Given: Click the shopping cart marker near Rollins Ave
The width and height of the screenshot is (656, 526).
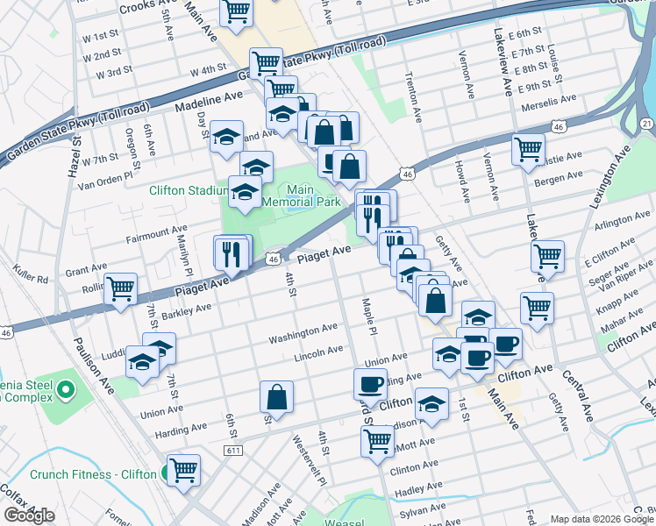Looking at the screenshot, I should [120, 288].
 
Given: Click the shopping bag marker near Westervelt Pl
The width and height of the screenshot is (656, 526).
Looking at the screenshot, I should [277, 396].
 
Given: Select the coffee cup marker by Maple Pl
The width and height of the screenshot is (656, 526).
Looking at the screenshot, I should [370, 383].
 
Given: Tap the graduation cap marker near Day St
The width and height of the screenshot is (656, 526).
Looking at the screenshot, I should [226, 136].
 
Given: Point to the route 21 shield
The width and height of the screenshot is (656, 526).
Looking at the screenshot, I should [645, 125].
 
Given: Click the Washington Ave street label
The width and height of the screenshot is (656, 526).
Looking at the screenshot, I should [303, 333].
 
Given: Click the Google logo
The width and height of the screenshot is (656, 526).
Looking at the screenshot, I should [29, 515].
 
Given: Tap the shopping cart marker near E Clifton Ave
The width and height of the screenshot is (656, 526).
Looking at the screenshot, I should [547, 256].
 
